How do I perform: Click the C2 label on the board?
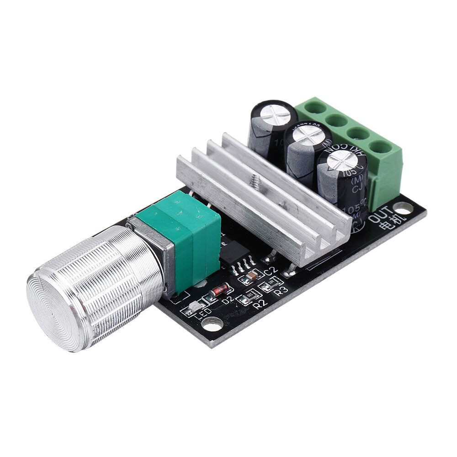[x=271, y=271]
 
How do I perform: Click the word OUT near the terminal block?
[x=381, y=213]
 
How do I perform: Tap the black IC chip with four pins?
[x=234, y=252]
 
